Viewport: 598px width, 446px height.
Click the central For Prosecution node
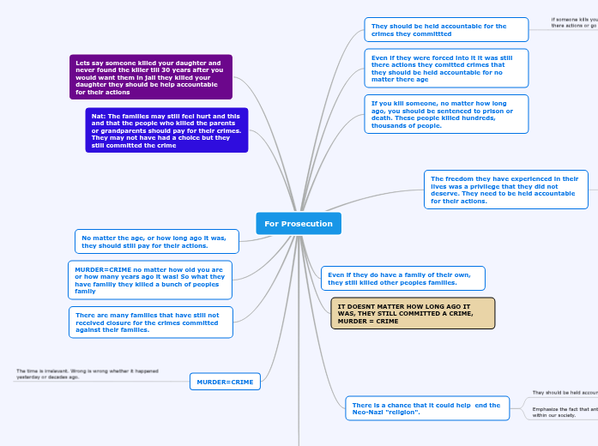pos(299,224)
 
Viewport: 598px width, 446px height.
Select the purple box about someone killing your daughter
pos(151,77)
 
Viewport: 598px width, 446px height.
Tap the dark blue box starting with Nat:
pos(166,130)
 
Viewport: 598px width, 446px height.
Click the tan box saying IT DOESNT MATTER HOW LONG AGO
pos(413,313)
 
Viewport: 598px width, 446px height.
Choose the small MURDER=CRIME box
pos(225,382)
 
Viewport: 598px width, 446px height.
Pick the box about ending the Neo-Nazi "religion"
pos(426,408)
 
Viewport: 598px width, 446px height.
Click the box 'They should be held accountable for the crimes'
pos(446,30)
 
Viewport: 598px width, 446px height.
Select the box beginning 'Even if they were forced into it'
pos(446,69)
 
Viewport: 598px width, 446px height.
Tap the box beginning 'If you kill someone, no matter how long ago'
pos(446,114)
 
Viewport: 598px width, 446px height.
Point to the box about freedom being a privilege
pos(505,190)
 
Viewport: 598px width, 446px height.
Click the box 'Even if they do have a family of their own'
pos(402,278)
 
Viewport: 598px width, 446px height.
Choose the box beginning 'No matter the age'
pos(156,242)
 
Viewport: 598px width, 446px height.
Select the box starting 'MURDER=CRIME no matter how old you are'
pos(150,280)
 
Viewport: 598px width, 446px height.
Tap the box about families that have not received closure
pos(150,322)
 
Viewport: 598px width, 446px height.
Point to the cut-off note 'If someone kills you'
pos(574,22)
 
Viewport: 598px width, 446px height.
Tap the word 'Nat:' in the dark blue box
pos(99,116)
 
